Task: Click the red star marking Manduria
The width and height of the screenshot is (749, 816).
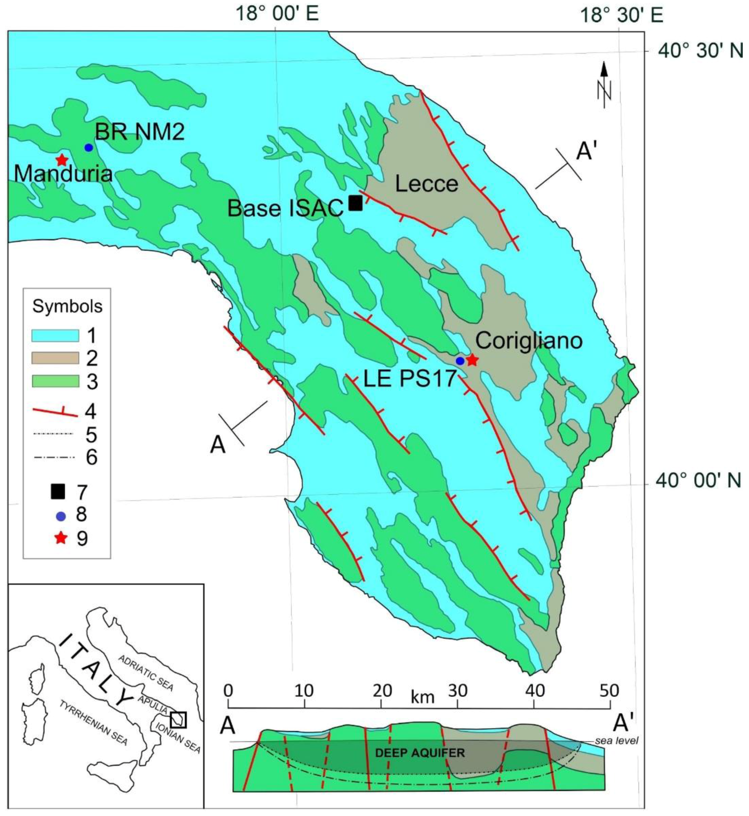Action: (62, 160)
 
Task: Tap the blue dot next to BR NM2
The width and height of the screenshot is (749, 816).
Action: (89, 148)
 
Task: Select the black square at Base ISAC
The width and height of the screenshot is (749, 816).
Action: (356, 203)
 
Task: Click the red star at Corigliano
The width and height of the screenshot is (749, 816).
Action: (472, 360)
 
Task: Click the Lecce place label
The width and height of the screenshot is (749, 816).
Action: (426, 185)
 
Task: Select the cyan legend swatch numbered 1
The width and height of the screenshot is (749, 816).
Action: (55, 336)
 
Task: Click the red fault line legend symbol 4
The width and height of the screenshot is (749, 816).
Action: (55, 412)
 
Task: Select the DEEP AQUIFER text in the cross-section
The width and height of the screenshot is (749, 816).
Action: (420, 753)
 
